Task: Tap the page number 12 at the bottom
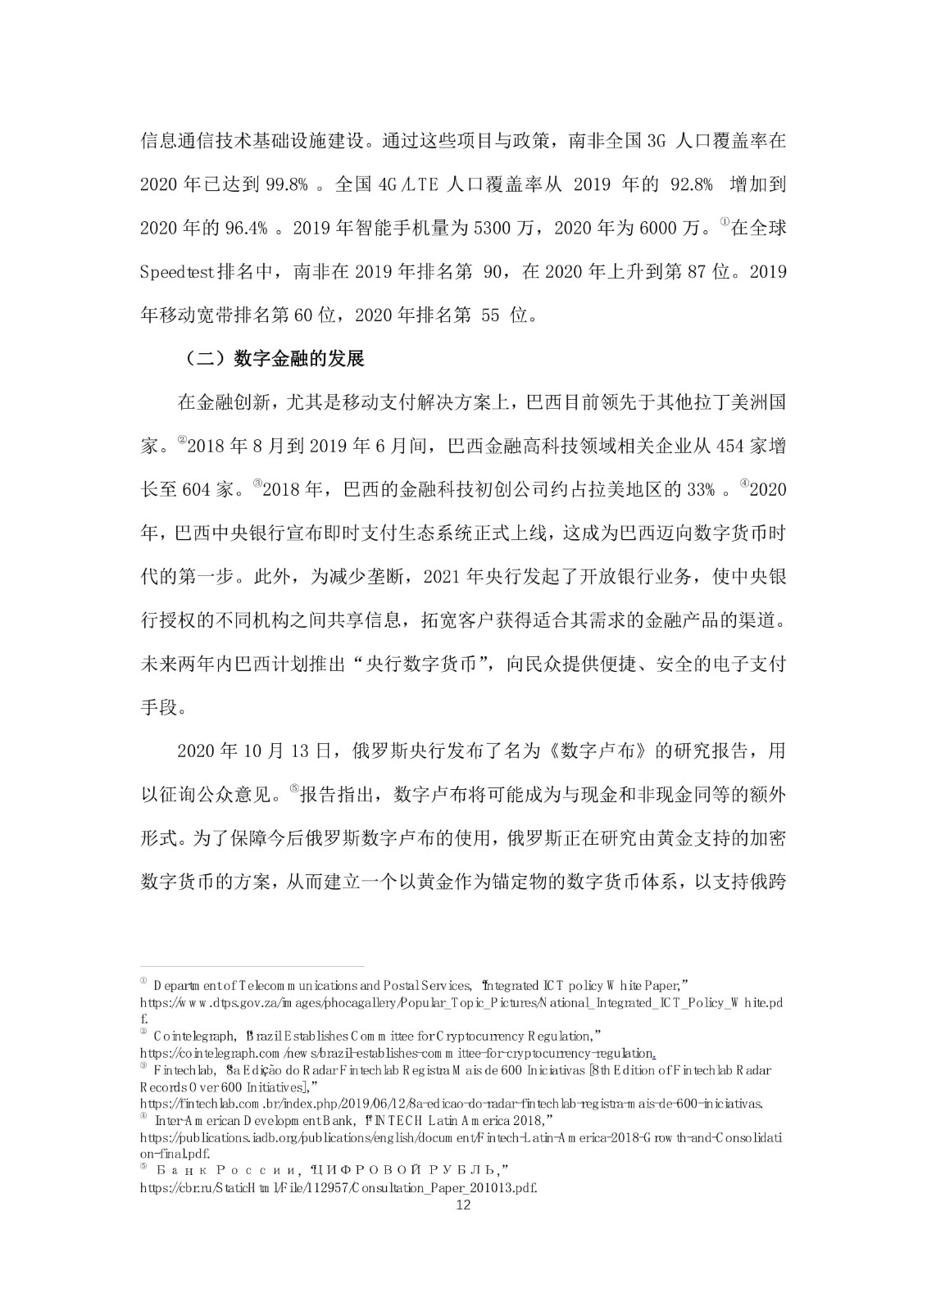point(463,1204)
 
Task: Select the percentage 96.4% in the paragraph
point(246,229)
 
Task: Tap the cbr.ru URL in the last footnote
point(339,1186)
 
